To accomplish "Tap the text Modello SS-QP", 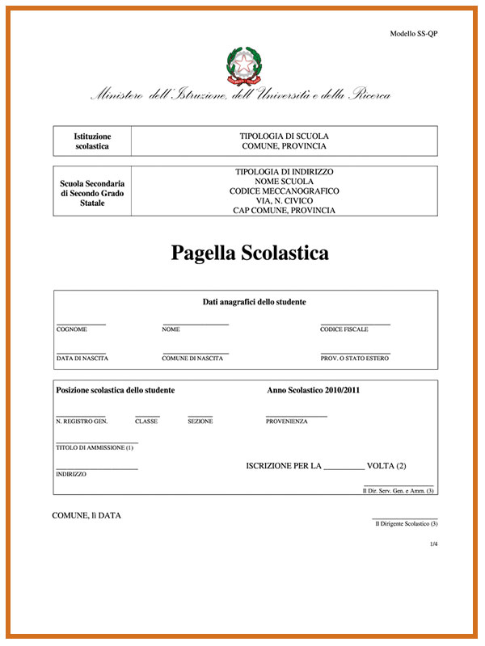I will point(414,34).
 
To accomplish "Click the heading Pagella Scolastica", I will point(250,253).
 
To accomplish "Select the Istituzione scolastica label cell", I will point(92,141).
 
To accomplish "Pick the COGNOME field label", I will point(71,329).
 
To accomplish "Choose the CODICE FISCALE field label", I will point(344,329).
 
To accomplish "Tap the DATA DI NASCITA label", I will point(82,358).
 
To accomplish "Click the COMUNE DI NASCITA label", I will point(192,358).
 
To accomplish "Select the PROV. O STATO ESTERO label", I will point(354,358).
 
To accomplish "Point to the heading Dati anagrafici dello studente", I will point(254,302).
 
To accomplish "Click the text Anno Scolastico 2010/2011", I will point(313,390).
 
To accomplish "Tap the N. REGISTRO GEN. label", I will point(82,422).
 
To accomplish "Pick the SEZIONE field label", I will point(200,422).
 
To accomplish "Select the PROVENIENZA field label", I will point(286,422).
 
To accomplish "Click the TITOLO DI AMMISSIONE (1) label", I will point(95,447).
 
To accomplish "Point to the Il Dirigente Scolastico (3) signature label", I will point(406,524).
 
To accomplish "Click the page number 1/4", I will point(433,544).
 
